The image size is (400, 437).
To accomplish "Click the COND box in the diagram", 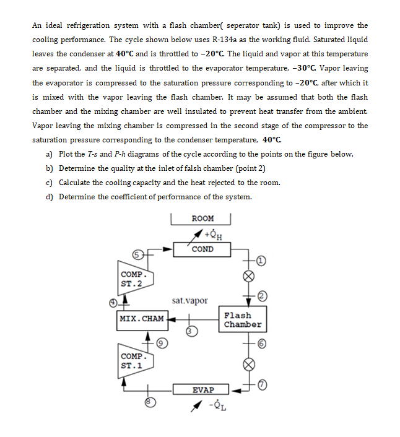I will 202,249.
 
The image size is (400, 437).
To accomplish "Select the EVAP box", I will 202,390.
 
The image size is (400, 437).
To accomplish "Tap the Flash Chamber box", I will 242,320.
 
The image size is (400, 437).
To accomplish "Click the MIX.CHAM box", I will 142,319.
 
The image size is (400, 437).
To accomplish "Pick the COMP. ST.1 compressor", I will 134,361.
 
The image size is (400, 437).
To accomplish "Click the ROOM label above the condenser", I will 202,218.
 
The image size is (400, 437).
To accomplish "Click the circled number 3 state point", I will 191,332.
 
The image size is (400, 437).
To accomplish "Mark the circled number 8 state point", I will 148,402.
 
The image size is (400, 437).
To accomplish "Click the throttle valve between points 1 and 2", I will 249,277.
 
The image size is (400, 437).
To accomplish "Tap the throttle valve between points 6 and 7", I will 249,365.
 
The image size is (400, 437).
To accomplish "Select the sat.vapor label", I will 190,301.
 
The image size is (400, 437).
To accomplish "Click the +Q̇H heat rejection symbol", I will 214,235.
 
